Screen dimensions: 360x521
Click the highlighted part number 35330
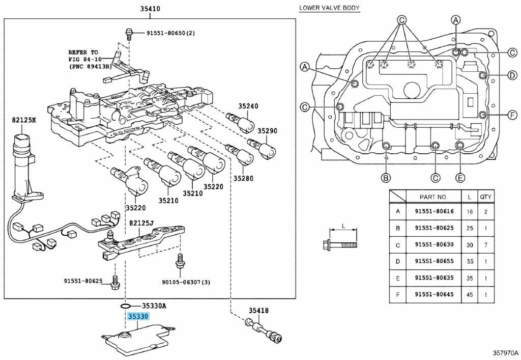(138, 317)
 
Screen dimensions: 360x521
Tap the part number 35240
(248, 106)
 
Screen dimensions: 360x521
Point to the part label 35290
(267, 131)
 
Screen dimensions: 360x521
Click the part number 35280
(243, 179)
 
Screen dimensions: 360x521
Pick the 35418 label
(258, 311)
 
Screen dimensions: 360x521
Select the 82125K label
(24, 120)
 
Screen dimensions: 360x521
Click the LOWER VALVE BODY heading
(329, 8)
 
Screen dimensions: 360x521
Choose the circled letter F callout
(514, 114)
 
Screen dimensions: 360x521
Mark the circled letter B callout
(386, 178)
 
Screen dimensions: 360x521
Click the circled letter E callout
(460, 178)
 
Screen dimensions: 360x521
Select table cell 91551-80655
(433, 261)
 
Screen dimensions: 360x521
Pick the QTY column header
(486, 197)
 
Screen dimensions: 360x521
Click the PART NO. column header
(433, 197)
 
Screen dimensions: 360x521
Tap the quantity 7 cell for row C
(486, 244)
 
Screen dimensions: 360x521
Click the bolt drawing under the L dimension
(340, 244)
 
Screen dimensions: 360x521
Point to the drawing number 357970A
(505, 352)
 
